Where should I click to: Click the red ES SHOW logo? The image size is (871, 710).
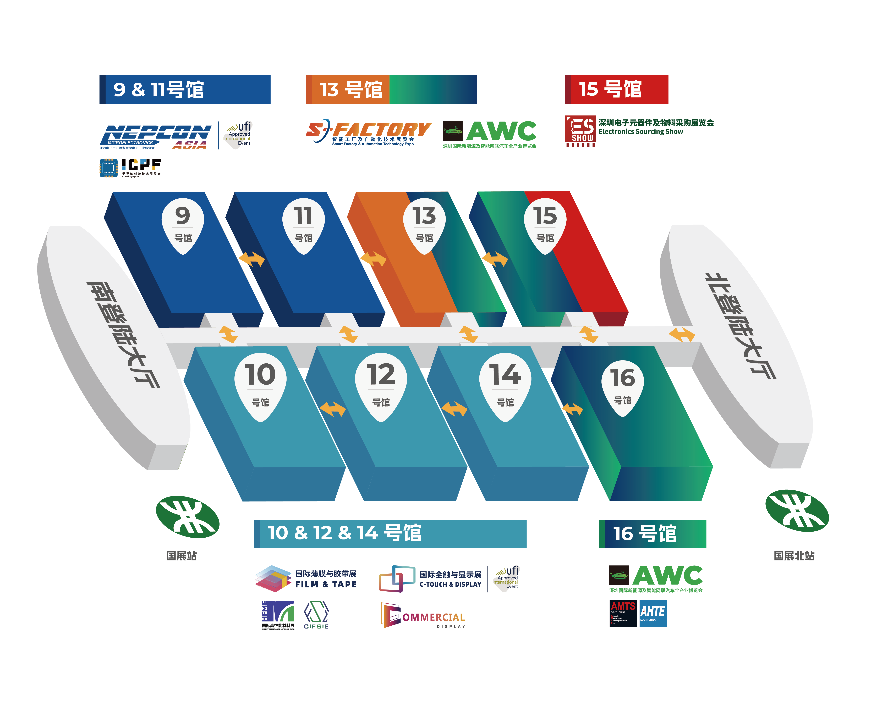[580, 131]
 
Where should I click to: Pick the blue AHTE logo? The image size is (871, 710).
[653, 613]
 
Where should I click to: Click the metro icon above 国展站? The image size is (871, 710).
[187, 517]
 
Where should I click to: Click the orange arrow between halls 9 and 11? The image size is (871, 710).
[251, 259]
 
